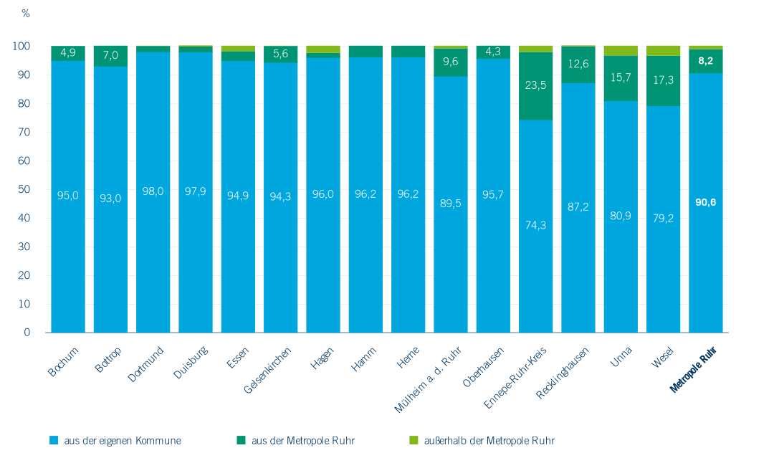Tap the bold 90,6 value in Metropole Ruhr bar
pos(706,202)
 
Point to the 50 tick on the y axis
pos(26,189)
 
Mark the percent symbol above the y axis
pos(26,14)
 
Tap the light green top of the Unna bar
pos(621,50)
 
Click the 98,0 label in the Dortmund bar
pos(153,191)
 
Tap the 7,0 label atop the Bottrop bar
pos(110,55)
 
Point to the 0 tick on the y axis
pos(28,333)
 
